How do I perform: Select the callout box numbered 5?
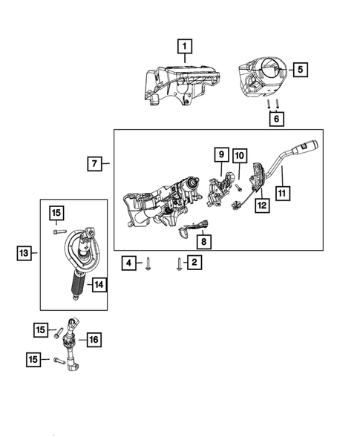(300, 70)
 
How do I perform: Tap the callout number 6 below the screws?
(277, 118)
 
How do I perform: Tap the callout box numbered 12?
(261, 203)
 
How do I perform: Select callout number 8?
(202, 241)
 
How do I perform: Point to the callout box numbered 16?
(93, 340)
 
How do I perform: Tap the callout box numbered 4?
(128, 262)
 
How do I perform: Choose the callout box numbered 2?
(194, 262)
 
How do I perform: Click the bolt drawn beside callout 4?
(148, 263)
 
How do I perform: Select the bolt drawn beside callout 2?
(179, 263)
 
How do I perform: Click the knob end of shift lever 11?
(309, 145)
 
